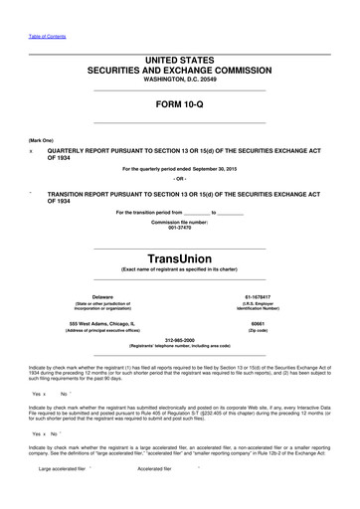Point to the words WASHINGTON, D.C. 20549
(180, 79)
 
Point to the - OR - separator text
(180, 179)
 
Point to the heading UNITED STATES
(180, 60)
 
